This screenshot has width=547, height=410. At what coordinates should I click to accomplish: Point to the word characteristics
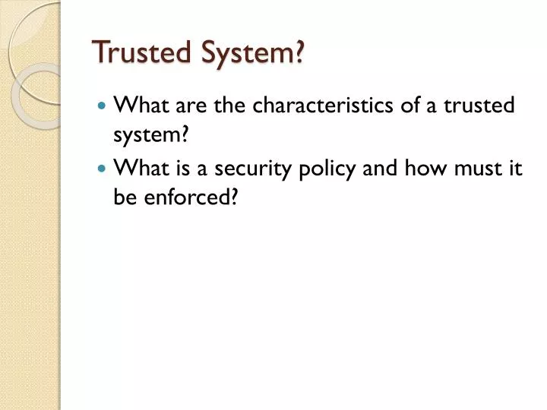324,106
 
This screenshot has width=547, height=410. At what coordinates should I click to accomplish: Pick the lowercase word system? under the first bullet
150,137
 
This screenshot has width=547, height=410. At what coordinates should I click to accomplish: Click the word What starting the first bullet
138,106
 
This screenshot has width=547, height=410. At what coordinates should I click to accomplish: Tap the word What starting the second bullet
138,169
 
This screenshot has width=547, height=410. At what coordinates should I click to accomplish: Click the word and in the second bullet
376,169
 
